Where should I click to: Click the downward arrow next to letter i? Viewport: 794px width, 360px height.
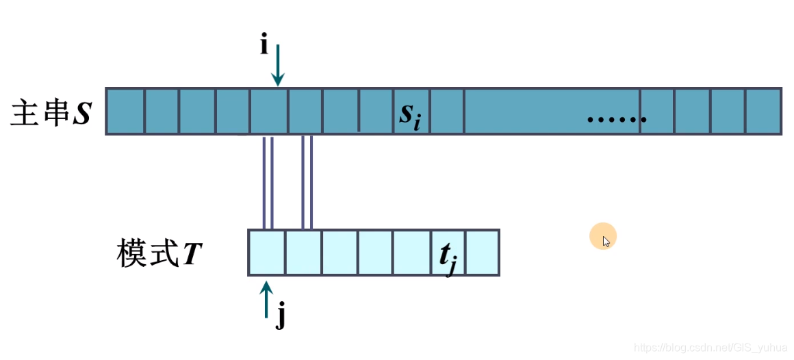coord(277,65)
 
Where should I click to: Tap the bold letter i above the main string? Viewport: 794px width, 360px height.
coord(264,45)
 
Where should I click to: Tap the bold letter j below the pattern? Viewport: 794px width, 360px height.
coord(280,318)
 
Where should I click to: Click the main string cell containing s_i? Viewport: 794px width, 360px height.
coord(411,112)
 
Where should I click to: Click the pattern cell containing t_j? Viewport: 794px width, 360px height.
coord(448,253)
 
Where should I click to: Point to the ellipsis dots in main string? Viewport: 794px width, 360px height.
coord(616,120)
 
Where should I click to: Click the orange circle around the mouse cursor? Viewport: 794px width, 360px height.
coord(603,237)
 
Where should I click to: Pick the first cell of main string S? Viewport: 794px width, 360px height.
coord(125,112)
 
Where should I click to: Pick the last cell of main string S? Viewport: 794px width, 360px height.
coord(763,112)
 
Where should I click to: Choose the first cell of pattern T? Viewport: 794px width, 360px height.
coord(266,253)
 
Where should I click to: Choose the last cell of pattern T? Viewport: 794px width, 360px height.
coord(483,253)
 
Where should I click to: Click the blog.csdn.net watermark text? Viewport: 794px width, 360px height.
coord(712,348)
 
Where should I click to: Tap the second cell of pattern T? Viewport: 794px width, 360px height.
coord(303,253)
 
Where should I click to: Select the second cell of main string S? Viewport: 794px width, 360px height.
coord(162,112)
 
